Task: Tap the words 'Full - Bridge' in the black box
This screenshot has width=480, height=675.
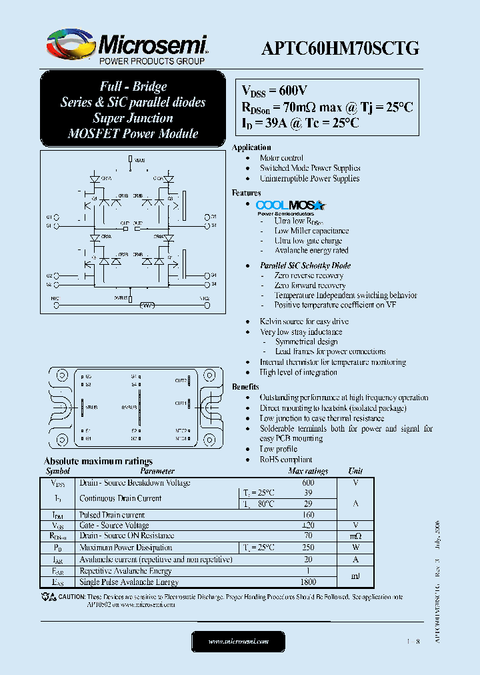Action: pyautogui.click(x=133, y=87)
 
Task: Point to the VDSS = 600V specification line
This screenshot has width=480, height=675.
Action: pyautogui.click(x=274, y=91)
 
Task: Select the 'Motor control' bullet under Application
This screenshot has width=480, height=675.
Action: pyautogui.click(x=281, y=158)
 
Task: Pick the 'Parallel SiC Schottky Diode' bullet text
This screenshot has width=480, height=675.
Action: pyautogui.click(x=305, y=265)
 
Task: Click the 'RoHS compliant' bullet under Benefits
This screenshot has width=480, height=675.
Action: pyautogui.click(x=286, y=460)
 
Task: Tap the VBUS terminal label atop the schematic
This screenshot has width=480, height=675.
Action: pyautogui.click(x=139, y=160)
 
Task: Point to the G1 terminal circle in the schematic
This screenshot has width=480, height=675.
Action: pyautogui.click(x=57, y=217)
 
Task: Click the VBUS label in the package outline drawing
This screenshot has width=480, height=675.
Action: pyautogui.click(x=91, y=406)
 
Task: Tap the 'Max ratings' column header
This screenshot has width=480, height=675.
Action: pyautogui.click(x=307, y=471)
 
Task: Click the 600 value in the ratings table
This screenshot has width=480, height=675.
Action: pyautogui.click(x=308, y=483)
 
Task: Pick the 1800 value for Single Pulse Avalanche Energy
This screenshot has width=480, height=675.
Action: pyautogui.click(x=308, y=582)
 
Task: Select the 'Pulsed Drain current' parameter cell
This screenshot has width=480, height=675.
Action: pyautogui.click(x=112, y=515)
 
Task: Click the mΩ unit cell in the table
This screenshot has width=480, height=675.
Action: pyautogui.click(x=355, y=536)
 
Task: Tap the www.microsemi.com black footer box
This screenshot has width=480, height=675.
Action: pyautogui.click(x=238, y=641)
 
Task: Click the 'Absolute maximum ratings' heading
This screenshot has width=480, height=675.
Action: pyautogui.click(x=98, y=461)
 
